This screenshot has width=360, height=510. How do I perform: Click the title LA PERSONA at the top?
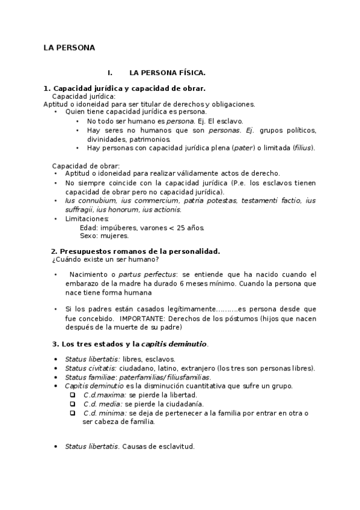coord(69,47)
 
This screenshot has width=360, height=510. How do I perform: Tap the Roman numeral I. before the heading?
coord(110,73)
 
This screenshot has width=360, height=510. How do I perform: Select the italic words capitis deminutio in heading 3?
coord(174,344)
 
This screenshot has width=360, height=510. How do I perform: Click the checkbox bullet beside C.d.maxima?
coord(72,395)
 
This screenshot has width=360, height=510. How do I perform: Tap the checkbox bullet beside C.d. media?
coord(72,404)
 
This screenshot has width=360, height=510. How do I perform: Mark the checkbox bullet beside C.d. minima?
coord(72,413)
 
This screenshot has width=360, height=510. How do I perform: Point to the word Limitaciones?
coord(87,219)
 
